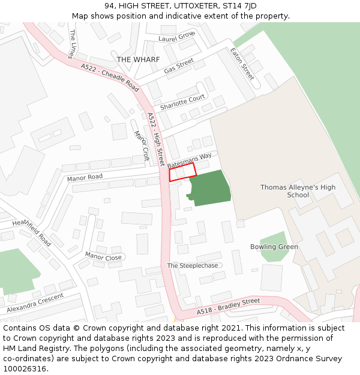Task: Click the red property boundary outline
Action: [x=182, y=172]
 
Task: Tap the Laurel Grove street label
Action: [x=177, y=37]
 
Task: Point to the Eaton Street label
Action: [x=242, y=64]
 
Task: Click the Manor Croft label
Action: [x=141, y=146]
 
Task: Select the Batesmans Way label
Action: [x=190, y=160]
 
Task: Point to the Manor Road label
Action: [x=85, y=177]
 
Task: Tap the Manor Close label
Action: [x=103, y=256]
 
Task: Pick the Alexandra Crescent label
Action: [x=35, y=304]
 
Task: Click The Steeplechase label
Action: [x=193, y=265]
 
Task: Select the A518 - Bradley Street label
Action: [x=229, y=307]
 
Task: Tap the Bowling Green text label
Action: [x=274, y=247]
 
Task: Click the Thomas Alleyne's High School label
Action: [x=298, y=191]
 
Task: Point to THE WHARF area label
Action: [x=138, y=59]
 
